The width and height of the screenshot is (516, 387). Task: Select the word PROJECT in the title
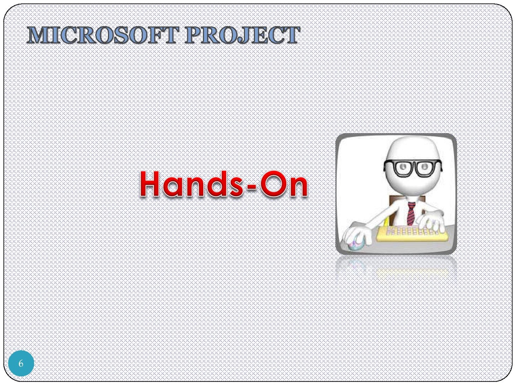point(243,35)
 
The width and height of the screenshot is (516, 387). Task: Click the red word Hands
point(190,184)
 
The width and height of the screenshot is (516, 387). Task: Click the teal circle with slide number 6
point(21,363)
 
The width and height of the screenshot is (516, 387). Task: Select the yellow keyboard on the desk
point(412,233)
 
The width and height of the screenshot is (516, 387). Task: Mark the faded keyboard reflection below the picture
point(412,272)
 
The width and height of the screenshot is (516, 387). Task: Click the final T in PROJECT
point(292,35)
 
